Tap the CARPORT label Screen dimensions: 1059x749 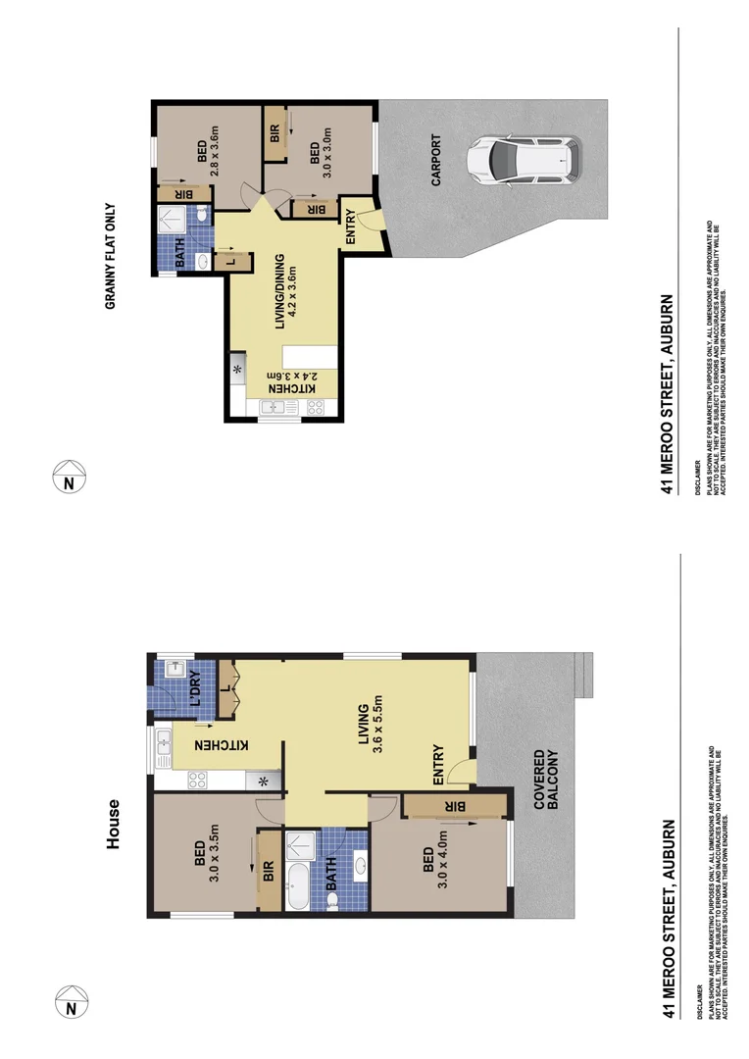click(436, 161)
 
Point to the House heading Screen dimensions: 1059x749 click(114, 824)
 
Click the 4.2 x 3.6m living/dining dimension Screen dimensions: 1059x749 click(291, 291)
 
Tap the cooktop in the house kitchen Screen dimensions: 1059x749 click(197, 781)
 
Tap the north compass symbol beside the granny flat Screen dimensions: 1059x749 click(69, 480)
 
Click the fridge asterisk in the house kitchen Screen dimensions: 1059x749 click(263, 782)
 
